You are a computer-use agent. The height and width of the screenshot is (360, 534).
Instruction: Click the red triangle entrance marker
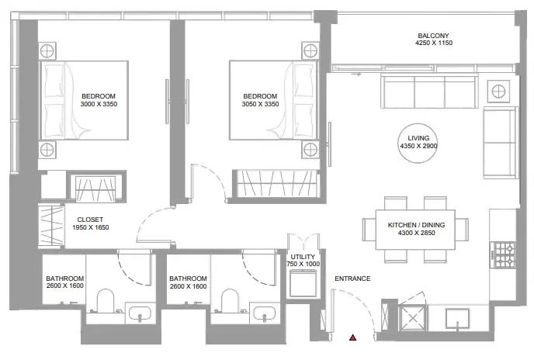353,337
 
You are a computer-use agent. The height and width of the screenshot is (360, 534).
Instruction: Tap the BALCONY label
433,36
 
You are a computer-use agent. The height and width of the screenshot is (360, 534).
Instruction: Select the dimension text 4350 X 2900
418,146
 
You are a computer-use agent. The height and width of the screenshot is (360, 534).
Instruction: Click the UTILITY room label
303,257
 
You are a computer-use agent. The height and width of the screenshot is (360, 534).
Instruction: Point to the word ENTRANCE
352,279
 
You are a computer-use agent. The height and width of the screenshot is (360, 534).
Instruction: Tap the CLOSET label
90,220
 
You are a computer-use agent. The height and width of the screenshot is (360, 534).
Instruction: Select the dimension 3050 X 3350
260,104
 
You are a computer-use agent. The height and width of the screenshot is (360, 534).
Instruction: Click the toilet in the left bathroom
105,300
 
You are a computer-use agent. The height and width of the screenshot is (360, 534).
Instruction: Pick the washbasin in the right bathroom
265,313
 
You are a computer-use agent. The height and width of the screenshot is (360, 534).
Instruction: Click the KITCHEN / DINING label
416,225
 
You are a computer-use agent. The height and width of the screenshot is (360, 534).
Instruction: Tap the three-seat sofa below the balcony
429,92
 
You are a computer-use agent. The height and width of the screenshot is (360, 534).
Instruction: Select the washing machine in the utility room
303,283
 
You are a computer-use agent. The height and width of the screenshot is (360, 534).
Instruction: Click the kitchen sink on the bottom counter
458,319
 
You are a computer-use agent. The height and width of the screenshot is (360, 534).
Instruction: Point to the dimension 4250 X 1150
434,43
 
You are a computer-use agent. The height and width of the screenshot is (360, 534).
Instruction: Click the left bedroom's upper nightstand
47,51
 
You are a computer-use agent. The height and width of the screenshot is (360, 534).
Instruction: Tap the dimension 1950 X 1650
91,227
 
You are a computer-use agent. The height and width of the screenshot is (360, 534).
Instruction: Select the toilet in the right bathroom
230,300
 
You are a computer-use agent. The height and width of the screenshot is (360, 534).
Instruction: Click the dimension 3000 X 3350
99,104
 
